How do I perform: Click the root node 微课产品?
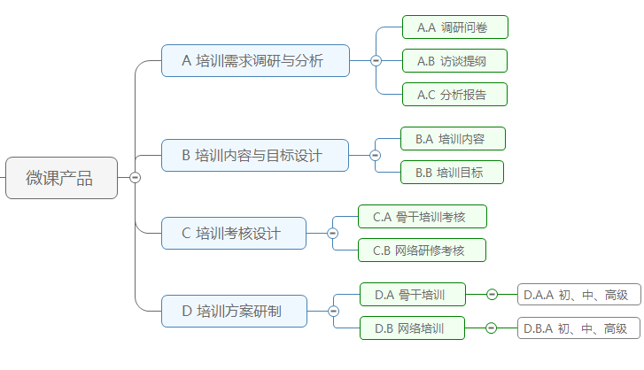(61, 177)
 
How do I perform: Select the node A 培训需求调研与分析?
(255, 60)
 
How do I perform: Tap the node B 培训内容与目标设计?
(255, 155)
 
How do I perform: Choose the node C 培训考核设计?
(234, 233)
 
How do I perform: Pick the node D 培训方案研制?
(234, 311)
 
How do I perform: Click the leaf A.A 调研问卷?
(454, 27)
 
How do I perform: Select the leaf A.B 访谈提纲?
(454, 61)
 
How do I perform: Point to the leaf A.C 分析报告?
(454, 94)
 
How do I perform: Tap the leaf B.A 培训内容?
(452, 139)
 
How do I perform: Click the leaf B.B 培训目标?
(452, 173)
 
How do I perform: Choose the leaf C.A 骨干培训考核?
(422, 216)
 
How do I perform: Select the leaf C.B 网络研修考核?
(422, 251)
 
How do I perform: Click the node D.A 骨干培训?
(412, 294)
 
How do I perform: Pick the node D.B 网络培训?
(412, 328)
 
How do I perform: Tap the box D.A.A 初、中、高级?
(578, 294)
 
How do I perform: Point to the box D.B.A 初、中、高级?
(578, 328)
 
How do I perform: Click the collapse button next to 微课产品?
(135, 177)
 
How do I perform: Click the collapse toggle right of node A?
(376, 60)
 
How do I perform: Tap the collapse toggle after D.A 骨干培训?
(492, 294)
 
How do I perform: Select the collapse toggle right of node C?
(332, 233)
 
